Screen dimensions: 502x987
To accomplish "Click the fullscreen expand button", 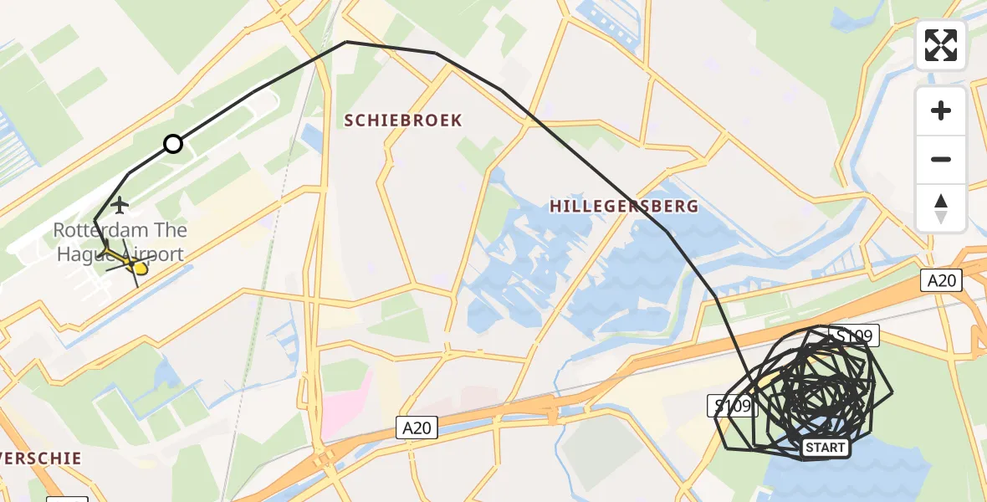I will tap(941, 45).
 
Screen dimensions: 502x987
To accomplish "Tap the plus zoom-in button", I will tap(941, 111).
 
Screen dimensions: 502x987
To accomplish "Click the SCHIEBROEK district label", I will tap(403, 120).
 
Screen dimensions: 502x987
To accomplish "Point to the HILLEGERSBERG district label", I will tap(624, 207).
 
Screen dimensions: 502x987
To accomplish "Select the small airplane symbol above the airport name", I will tap(120, 204).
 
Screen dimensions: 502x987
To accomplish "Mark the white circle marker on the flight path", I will tap(173, 144).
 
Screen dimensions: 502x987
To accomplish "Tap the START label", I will tap(826, 448).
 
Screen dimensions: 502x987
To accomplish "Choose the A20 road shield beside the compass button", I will tap(942, 280).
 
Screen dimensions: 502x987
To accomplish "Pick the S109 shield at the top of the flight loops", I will tap(855, 337).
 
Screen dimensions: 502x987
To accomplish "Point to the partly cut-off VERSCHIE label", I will tap(40, 458).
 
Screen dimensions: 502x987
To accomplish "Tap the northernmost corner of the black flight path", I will tap(346, 42).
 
